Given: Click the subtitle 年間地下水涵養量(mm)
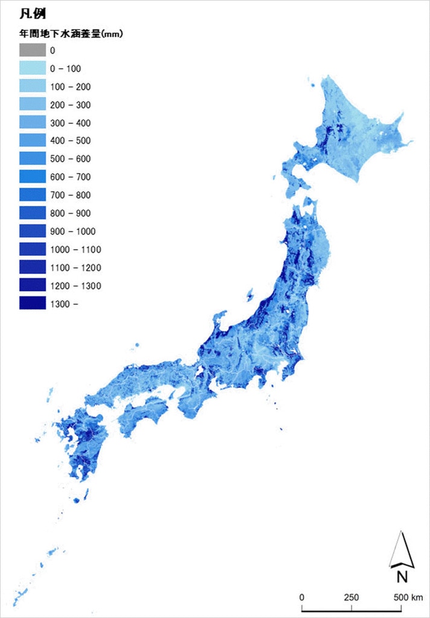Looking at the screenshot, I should point(71,34).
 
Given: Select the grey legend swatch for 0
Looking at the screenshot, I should point(32,51).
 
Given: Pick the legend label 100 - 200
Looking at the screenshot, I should point(70,87).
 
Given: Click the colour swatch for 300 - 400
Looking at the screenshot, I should point(32,123).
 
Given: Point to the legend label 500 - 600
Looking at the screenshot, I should point(70,159).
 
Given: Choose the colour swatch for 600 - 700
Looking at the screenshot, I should point(32,177).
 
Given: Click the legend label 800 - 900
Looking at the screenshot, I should point(70,214).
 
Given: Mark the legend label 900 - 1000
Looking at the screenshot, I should point(72,232).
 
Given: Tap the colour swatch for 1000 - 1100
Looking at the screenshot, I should point(32,250).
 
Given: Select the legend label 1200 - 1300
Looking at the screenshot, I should point(75,286).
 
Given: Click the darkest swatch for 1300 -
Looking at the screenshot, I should point(32,304).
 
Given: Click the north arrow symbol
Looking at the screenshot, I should point(401,550).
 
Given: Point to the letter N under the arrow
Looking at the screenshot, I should point(402,577).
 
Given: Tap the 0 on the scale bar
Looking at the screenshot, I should point(302,597).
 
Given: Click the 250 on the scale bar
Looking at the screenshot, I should point(351,597).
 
